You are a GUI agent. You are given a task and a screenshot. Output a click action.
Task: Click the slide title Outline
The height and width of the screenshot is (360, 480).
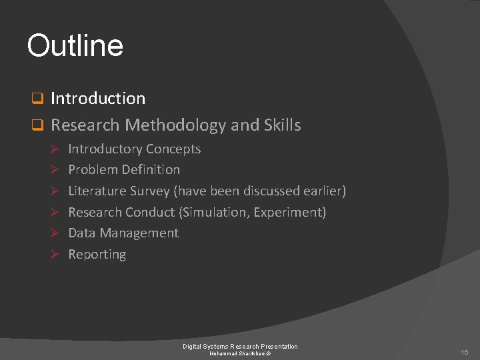(75, 46)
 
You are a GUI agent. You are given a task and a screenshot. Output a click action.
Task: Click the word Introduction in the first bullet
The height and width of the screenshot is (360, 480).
(98, 99)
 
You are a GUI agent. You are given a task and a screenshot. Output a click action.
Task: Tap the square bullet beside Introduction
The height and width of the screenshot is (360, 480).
(38, 99)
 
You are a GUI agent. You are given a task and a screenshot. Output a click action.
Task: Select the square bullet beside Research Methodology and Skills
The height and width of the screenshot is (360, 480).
(38, 125)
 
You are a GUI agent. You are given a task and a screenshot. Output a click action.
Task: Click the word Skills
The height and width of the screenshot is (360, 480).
(281, 125)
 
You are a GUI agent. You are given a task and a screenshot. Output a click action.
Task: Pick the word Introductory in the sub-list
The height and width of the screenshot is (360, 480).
(105, 149)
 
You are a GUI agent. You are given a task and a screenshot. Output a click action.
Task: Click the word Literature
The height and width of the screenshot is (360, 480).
(97, 191)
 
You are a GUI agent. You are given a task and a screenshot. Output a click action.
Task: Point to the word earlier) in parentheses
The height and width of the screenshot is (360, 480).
(323, 191)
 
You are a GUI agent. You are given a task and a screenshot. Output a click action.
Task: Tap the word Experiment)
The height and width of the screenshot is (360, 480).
(293, 213)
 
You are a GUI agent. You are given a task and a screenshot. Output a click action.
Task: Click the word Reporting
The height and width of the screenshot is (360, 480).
(97, 255)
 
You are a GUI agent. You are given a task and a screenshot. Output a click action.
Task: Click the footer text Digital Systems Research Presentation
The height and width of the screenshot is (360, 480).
(240, 346)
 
